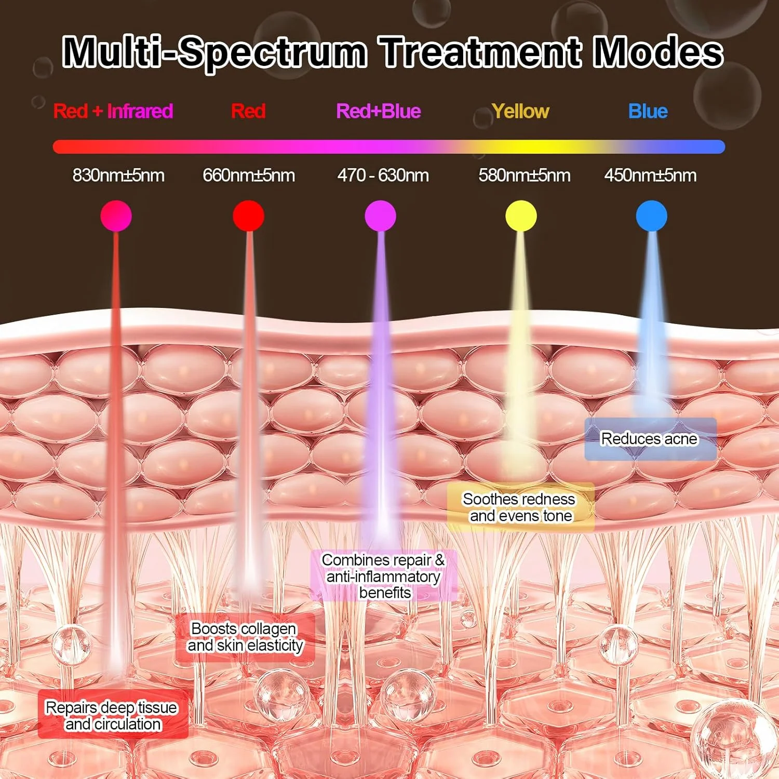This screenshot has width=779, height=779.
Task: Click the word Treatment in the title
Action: tap(480, 52)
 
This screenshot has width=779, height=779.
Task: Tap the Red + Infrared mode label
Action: tap(113, 111)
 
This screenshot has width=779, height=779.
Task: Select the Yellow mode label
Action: tap(520, 112)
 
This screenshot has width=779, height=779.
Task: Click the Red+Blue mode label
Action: tap(378, 111)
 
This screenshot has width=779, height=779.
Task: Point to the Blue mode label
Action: tap(648, 111)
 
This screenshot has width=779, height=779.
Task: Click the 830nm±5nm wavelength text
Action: tap(118, 176)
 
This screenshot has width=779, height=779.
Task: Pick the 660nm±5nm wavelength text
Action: tap(249, 176)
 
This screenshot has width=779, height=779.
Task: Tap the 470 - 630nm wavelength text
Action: tap(383, 176)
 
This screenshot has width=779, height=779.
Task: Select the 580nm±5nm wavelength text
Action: tap(525, 176)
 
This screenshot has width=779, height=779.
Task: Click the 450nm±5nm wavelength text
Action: tap(650, 176)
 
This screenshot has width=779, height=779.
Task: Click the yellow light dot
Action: tap(521, 216)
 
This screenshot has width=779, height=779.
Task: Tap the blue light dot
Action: tap(652, 216)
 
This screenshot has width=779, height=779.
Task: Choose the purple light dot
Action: tap(381, 216)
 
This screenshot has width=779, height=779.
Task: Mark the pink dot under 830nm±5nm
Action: tap(116, 216)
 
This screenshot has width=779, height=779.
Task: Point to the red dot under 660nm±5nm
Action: tap(249, 216)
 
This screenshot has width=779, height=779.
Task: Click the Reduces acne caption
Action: tap(649, 439)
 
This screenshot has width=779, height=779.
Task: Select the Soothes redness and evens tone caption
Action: tap(519, 507)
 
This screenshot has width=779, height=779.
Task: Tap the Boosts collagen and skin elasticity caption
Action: tap(245, 637)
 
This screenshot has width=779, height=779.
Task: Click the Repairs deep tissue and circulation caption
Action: tap(112, 716)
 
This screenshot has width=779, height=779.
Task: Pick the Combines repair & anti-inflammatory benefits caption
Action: tap(384, 576)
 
